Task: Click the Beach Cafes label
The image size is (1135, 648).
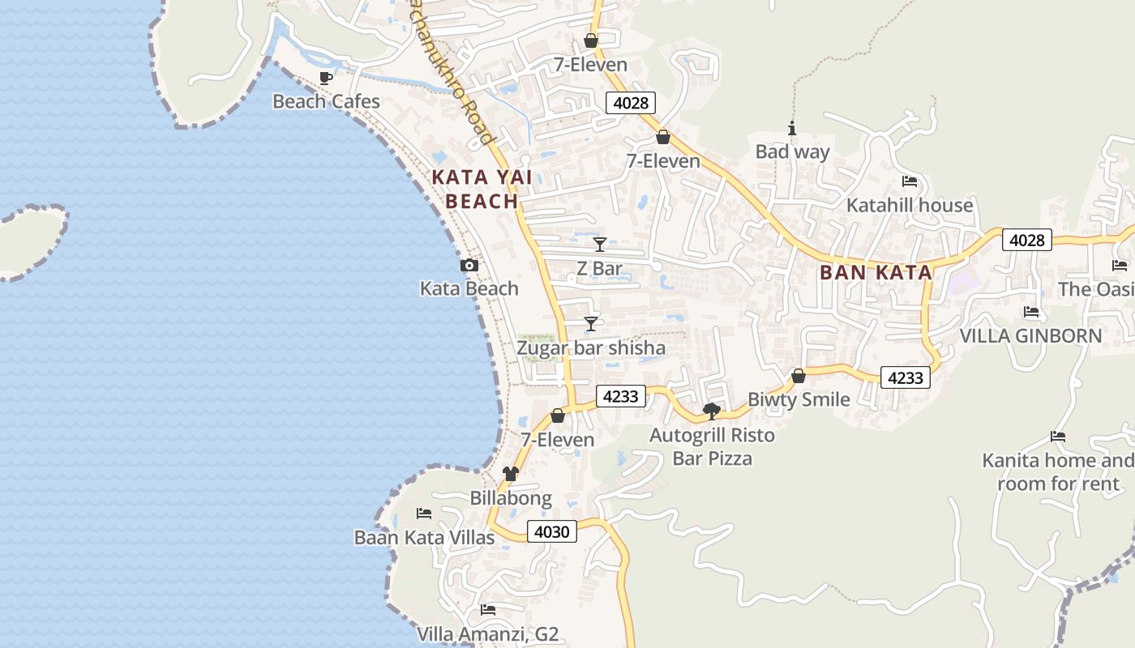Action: point(326,101)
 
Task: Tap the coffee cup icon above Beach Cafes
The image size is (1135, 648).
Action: point(326,79)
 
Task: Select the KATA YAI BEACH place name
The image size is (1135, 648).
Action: point(474,190)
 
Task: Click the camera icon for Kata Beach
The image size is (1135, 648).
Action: point(469,265)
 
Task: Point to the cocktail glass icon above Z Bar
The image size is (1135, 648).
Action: point(599,244)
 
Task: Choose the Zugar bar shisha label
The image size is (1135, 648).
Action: point(591,348)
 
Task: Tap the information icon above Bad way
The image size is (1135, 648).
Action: point(792,128)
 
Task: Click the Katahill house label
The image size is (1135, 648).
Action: point(909,205)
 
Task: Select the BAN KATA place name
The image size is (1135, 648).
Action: point(876,273)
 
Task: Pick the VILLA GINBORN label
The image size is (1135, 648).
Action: point(1030,335)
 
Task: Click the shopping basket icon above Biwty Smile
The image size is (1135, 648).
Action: point(799,376)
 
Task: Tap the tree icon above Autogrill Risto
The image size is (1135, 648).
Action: point(712,411)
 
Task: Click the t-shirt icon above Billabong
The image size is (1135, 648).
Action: point(511,474)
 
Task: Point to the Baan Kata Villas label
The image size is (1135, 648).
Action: point(424,538)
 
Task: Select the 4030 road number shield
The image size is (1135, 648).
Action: point(552,532)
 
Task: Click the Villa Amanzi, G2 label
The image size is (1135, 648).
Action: point(488,633)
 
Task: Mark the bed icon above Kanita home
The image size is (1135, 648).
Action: point(1058,437)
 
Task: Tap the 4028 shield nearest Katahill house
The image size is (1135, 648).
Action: point(1026,240)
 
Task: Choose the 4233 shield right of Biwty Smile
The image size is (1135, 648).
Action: point(905,377)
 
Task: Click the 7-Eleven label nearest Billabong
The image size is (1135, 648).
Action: point(558,440)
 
